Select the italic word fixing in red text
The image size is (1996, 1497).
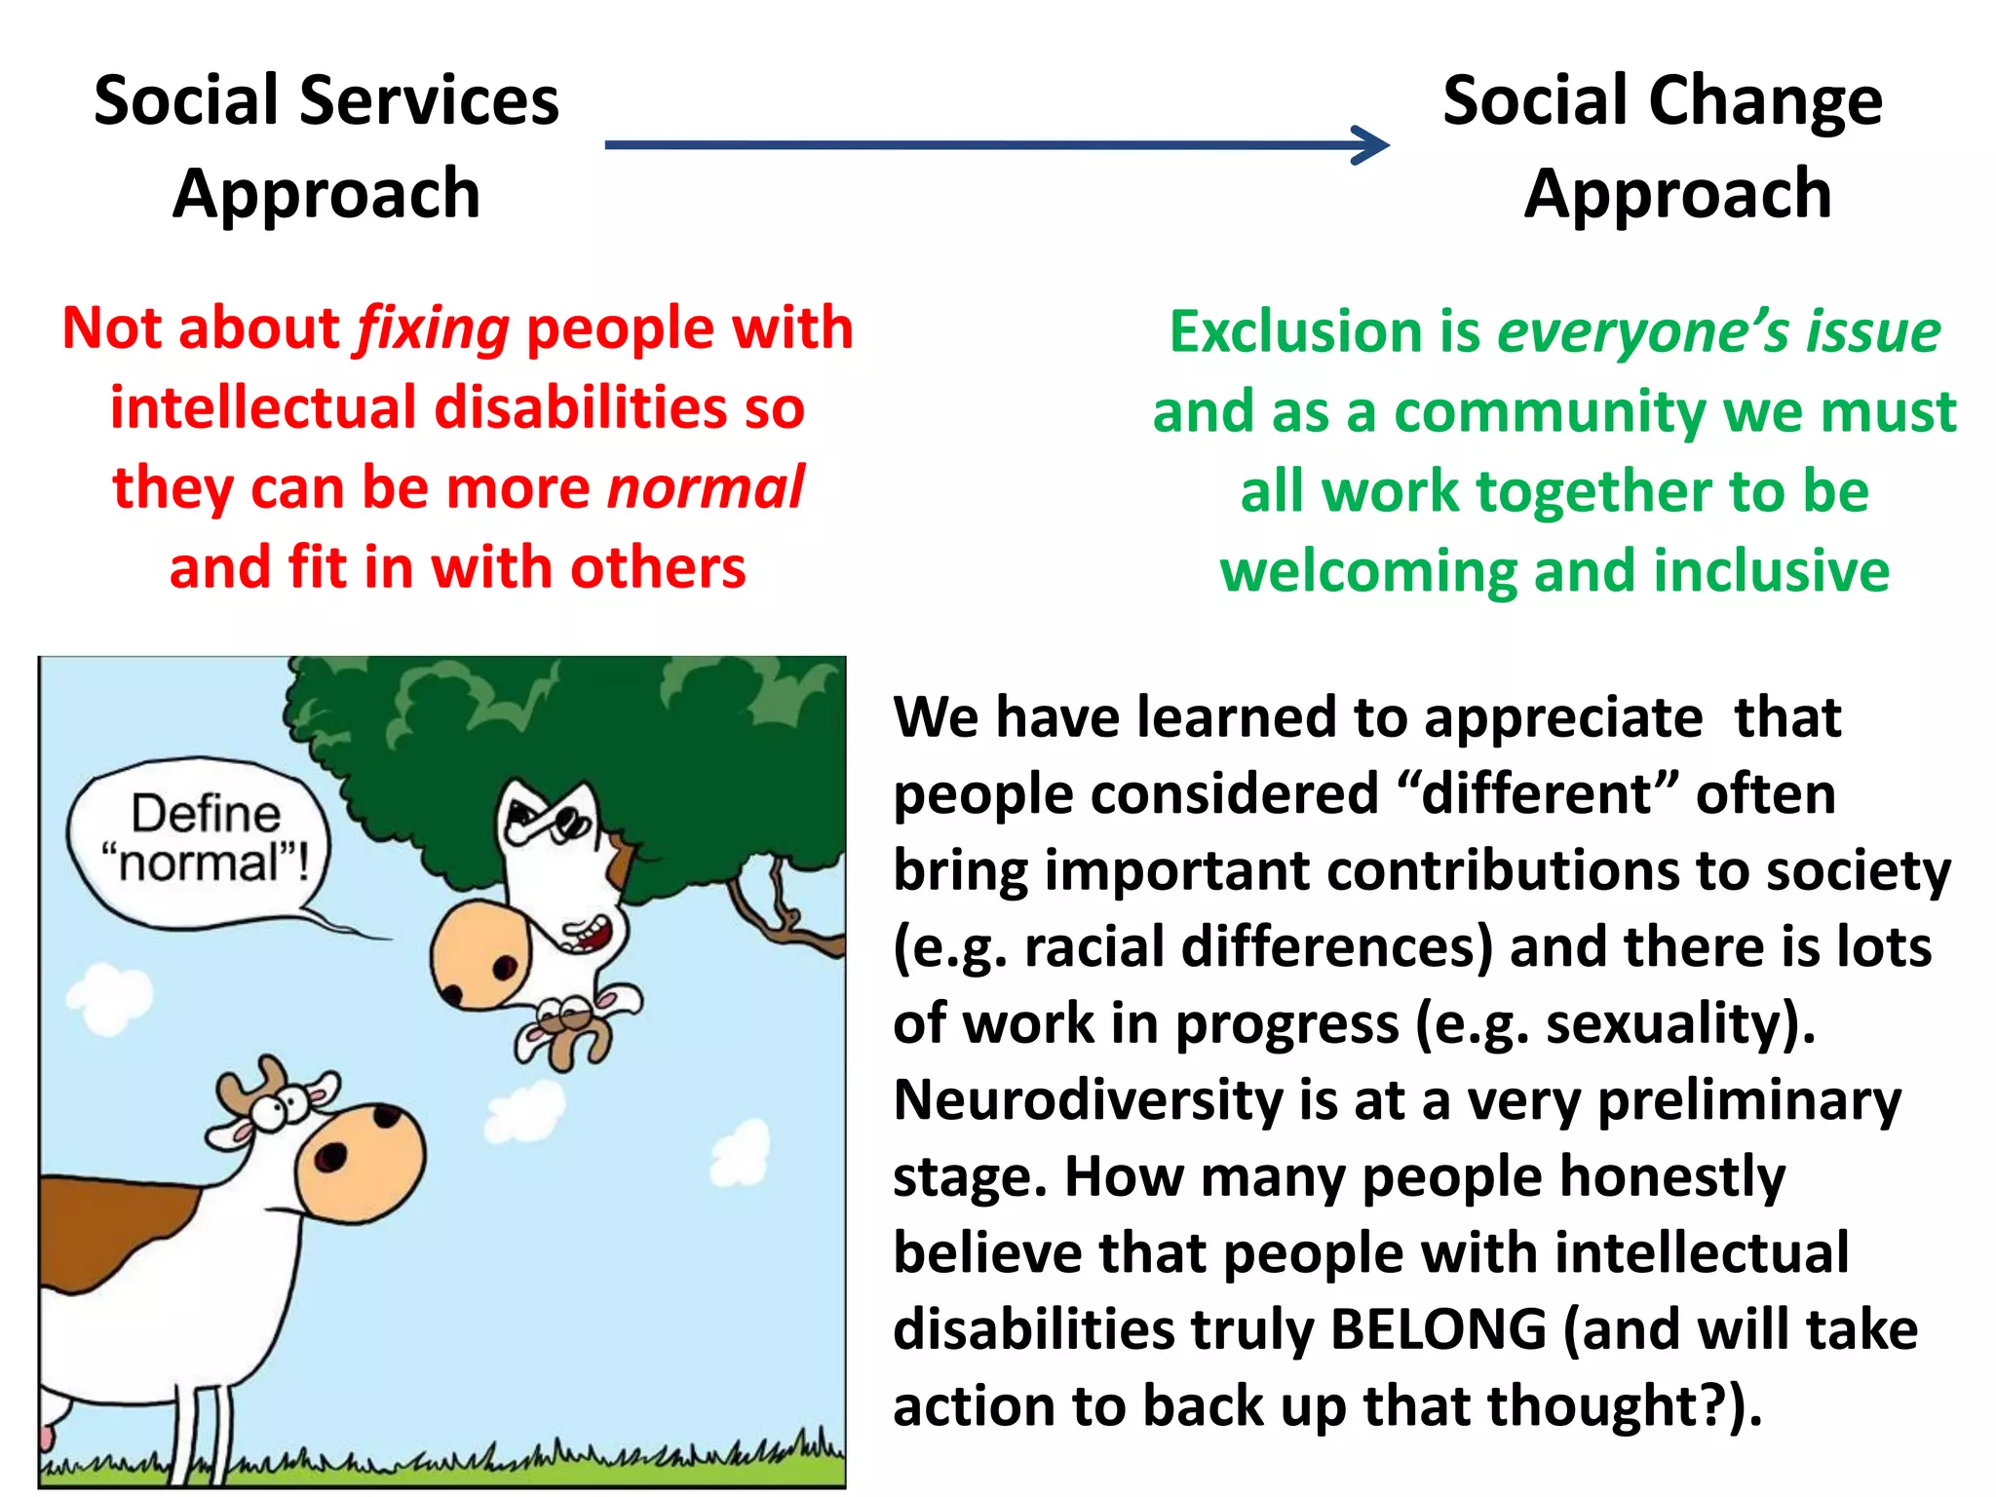coord(433,328)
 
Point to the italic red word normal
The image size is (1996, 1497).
coord(706,488)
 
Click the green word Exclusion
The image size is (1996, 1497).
coord(1296,332)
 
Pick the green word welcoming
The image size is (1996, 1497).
coord(1368,572)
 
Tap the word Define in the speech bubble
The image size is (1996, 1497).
coord(206,813)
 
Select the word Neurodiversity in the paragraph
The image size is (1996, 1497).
coord(1088,1100)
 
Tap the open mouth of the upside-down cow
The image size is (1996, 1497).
coord(593,936)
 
